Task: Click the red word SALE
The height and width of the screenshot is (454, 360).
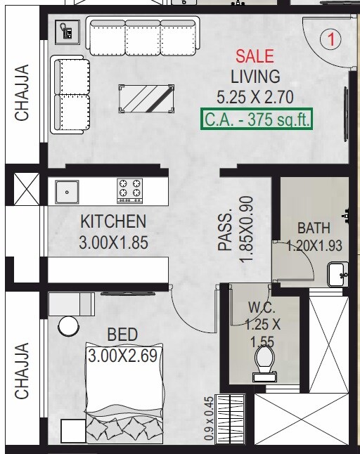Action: click(255, 56)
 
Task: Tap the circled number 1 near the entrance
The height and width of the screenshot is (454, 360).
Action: click(330, 39)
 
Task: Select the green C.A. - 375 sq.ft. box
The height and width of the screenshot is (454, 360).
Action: click(257, 119)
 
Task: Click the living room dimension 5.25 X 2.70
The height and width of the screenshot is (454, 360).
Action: click(255, 97)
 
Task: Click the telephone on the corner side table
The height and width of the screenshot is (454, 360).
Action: click(67, 32)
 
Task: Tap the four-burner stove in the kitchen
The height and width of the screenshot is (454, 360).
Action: click(129, 189)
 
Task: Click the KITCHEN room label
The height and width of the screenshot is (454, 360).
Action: click(113, 221)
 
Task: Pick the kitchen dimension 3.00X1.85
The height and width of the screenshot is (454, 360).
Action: click(113, 243)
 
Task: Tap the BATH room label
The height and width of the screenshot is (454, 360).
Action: click(313, 228)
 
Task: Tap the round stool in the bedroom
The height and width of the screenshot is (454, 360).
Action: click(69, 327)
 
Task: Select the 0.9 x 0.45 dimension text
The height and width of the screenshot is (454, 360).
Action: click(209, 420)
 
